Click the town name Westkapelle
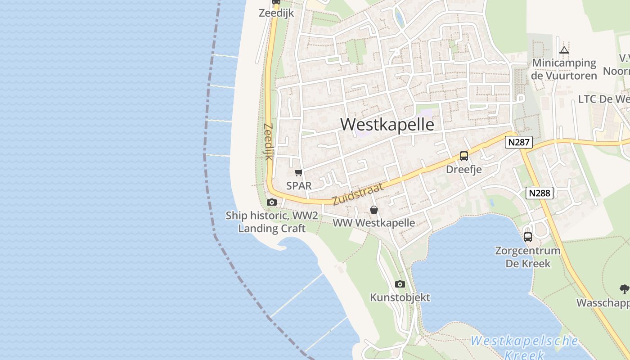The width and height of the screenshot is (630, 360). (x=387, y=125)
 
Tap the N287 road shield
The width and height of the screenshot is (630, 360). (x=518, y=143)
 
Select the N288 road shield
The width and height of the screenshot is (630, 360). (x=539, y=193)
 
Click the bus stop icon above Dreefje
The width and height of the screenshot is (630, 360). (x=464, y=156)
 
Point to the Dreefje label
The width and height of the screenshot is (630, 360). (x=464, y=169)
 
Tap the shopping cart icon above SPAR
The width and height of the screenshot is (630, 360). (x=298, y=173)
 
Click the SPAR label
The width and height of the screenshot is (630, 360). (x=299, y=185)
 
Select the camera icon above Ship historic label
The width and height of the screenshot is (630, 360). (x=271, y=202)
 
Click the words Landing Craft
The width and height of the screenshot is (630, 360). (x=272, y=229)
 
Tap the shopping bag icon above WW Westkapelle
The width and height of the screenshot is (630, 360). (x=373, y=210)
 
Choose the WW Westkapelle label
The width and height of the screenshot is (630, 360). (x=373, y=223)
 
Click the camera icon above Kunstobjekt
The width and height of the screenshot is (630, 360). (x=400, y=284)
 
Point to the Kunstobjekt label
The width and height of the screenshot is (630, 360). (x=400, y=297)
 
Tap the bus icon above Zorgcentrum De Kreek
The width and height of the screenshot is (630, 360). (x=527, y=237)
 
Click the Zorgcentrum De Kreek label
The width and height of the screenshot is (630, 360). (x=527, y=257)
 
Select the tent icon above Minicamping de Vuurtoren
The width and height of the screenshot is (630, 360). (x=564, y=50)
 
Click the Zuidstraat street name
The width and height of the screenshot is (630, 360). (x=358, y=194)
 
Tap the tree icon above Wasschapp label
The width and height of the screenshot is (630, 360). (x=624, y=289)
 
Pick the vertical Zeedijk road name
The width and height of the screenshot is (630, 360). (x=268, y=141)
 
